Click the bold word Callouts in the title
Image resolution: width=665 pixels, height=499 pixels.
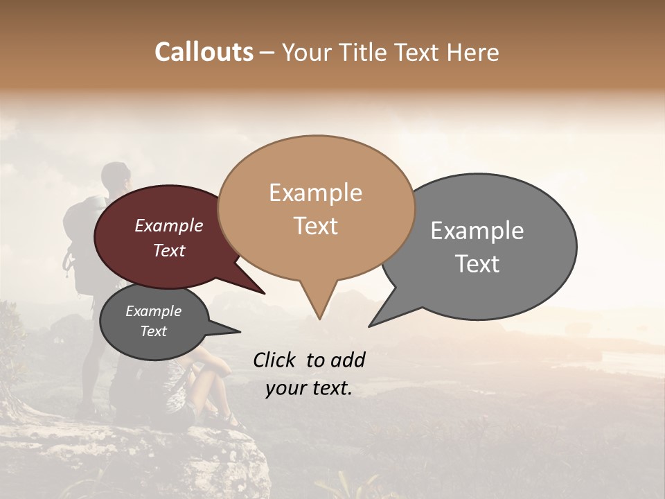pyautogui.click(x=204, y=52)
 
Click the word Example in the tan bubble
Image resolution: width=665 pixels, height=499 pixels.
pyautogui.click(x=315, y=193)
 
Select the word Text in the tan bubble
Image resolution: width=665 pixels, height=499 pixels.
pyautogui.click(x=315, y=226)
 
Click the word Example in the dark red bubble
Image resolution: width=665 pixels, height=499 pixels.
pyautogui.click(x=168, y=225)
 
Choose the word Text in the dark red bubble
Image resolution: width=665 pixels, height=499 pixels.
pyautogui.click(x=168, y=250)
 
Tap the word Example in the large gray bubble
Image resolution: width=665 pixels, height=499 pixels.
pyautogui.click(x=477, y=230)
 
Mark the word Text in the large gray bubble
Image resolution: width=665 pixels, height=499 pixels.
pyautogui.click(x=477, y=263)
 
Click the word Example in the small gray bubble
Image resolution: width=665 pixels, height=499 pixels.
pyautogui.click(x=153, y=311)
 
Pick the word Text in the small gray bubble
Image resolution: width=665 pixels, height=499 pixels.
pyautogui.click(x=153, y=331)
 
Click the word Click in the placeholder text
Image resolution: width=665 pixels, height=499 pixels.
pyautogui.click(x=276, y=360)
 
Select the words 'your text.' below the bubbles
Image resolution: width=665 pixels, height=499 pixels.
pyautogui.click(x=308, y=388)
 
